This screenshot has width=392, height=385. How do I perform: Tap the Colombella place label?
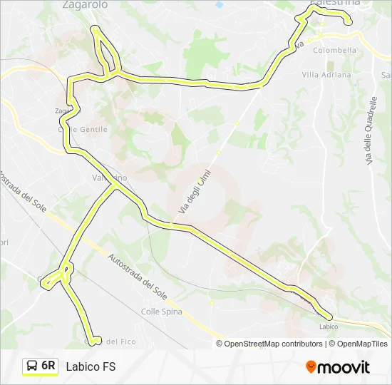click(334, 51)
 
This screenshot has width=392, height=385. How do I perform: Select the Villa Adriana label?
click(326, 75)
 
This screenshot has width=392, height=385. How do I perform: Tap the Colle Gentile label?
click(83, 130)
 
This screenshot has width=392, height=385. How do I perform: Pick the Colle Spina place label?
click(162, 312)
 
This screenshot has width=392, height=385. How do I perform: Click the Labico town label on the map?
click(329, 327)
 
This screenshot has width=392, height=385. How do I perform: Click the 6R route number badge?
click(48, 366)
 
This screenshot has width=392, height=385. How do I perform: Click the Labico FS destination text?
click(91, 367)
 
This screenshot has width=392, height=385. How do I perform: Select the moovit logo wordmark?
click(344, 367)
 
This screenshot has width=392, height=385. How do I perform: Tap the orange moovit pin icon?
click(311, 366)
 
